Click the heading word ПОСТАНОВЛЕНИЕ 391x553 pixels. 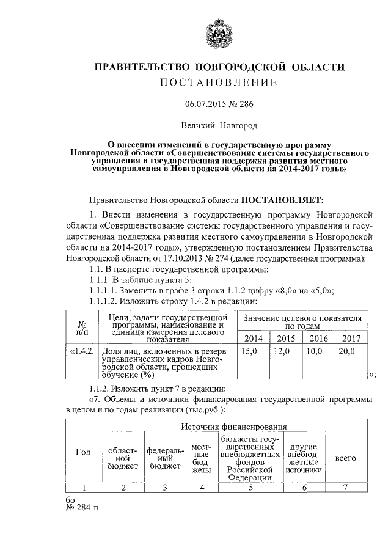219,82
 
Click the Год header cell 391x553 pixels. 83,452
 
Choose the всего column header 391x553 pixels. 346,458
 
